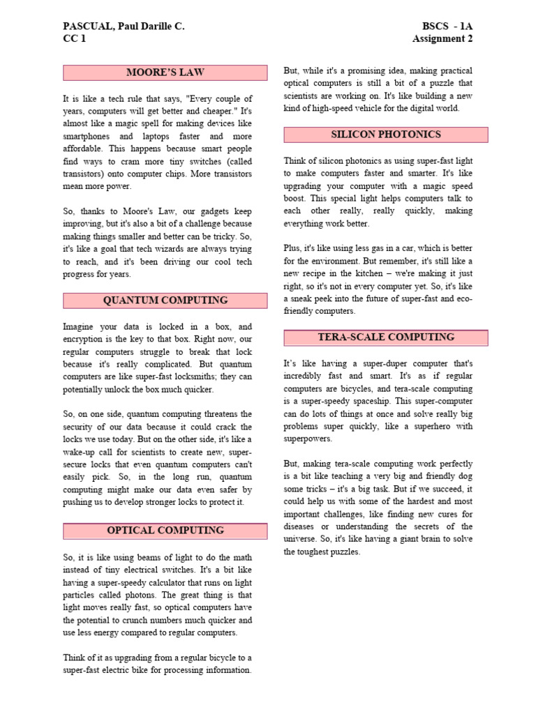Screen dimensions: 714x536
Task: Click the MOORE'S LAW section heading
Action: tap(165, 73)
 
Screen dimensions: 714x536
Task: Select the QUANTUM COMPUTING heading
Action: tap(165, 301)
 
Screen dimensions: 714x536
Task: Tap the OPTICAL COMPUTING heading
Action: tap(165, 531)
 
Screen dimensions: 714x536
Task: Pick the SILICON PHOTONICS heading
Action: tap(386, 135)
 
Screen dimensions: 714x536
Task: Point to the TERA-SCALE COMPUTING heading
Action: tap(386, 337)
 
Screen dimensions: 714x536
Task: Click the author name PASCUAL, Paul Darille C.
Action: tap(124, 26)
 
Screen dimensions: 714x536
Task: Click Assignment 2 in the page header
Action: tap(442, 39)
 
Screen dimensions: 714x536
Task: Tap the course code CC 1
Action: tap(74, 39)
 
